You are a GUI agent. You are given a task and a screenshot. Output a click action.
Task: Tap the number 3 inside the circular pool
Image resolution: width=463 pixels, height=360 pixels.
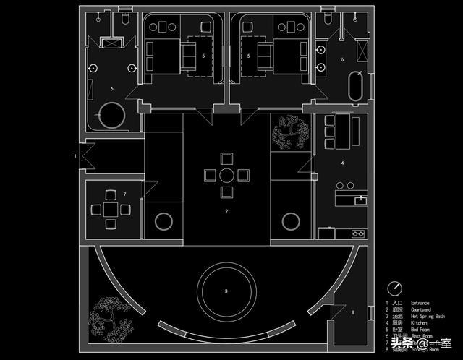(226, 291)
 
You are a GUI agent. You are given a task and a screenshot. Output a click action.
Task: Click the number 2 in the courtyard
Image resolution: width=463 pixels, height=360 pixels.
(226, 211)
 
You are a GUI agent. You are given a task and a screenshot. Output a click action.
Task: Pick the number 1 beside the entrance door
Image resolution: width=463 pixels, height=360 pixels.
(75, 155)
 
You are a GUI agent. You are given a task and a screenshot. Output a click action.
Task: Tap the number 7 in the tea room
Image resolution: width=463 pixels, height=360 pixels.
(125, 194)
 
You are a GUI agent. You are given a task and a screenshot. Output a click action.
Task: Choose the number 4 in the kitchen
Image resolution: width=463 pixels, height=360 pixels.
(342, 163)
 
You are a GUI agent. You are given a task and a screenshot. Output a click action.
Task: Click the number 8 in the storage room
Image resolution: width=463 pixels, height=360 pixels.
(353, 312)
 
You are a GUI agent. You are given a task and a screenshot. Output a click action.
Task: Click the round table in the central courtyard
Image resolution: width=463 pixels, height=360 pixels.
(226, 175)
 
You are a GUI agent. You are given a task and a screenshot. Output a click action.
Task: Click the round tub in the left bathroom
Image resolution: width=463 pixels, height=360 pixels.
(111, 114)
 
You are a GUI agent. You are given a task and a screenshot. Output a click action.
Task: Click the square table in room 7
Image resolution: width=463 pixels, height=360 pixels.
(109, 210)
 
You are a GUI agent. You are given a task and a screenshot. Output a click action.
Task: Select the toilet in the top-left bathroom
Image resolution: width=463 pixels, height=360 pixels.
(126, 20)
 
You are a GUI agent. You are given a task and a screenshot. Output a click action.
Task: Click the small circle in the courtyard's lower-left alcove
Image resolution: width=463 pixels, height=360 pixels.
(163, 220)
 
